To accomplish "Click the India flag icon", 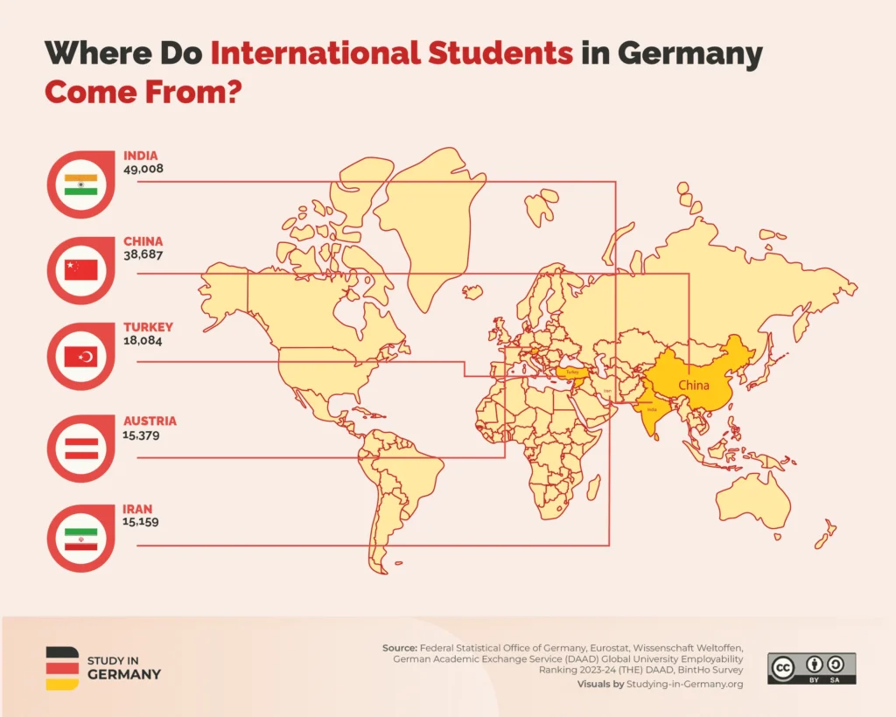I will (x=84, y=185).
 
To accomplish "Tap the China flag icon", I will (x=84, y=269).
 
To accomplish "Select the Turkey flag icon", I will (x=84, y=357).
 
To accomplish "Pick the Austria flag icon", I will (x=84, y=449).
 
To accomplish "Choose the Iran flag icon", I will (x=84, y=537).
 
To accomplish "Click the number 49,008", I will (x=143, y=169).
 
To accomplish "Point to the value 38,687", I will (x=143, y=254).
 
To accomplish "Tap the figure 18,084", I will (x=143, y=341).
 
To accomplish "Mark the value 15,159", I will (x=142, y=521).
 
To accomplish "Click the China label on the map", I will (x=694, y=384).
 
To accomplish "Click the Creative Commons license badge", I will (x=811, y=668).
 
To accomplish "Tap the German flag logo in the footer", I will (x=61, y=668).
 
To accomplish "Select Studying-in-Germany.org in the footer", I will (x=683, y=684).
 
